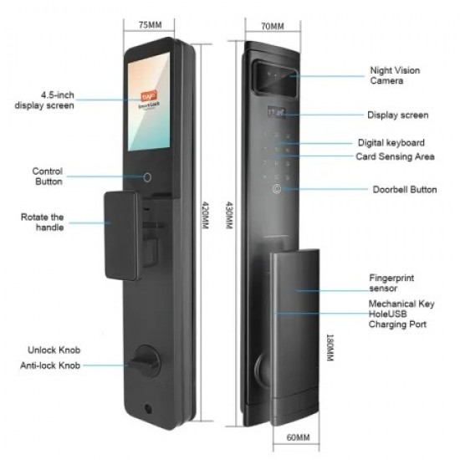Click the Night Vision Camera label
click(393, 75)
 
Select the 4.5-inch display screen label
click(45, 100)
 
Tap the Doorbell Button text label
click(404, 190)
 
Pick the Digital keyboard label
click(391, 143)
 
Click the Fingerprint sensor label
click(391, 281)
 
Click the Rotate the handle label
click(43, 222)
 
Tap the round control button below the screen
click(148, 178)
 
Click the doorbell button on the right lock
click(275, 189)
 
